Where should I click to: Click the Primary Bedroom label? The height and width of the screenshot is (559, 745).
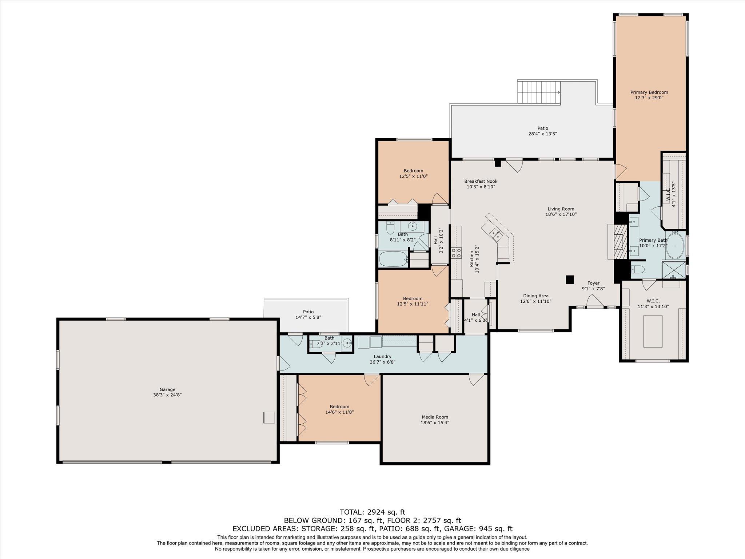pyautogui.click(x=649, y=92)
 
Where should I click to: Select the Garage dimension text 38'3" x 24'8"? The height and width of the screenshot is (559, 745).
pyautogui.click(x=167, y=395)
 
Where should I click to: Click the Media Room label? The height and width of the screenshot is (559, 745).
pyautogui.click(x=435, y=417)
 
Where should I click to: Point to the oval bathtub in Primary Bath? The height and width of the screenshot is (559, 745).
pyautogui.click(x=675, y=246)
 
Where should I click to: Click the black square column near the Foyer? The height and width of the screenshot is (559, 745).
pyautogui.click(x=570, y=279)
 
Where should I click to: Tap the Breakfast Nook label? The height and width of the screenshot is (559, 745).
pyautogui.click(x=481, y=181)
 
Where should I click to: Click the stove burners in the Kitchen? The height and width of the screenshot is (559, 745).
pyautogui.click(x=456, y=253)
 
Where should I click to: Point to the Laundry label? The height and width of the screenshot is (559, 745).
pyautogui.click(x=382, y=356)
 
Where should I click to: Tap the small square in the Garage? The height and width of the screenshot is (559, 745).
pyautogui.click(x=269, y=417)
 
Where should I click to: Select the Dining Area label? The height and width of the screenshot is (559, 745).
pyautogui.click(x=535, y=296)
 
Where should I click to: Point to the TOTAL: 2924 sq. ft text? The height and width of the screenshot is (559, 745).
pyautogui.click(x=372, y=512)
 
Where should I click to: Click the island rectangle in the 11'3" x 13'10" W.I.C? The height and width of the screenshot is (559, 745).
pyautogui.click(x=653, y=331)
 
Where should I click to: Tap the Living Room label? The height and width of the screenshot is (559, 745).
pyautogui.click(x=561, y=209)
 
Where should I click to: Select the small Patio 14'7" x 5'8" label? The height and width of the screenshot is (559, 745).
pyautogui.click(x=308, y=312)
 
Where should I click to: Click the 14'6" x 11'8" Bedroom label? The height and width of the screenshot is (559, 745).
pyautogui.click(x=339, y=407)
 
